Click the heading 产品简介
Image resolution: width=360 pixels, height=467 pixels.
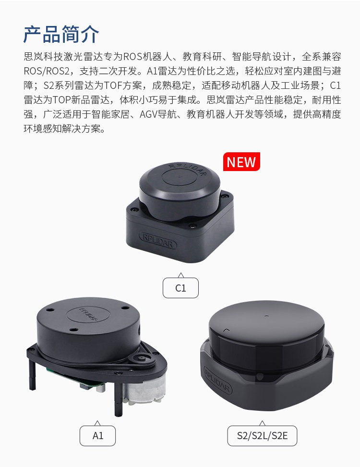pos(61,34)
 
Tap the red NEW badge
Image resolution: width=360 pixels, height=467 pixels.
pos(241,162)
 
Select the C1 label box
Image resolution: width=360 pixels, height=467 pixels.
pos(180,288)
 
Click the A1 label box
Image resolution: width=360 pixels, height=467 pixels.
pos(97,435)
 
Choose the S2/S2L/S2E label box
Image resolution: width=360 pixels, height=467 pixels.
pos(262,435)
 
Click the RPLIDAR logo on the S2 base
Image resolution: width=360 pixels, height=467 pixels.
pos(217,380)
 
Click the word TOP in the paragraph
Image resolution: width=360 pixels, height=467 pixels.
pos(62,100)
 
